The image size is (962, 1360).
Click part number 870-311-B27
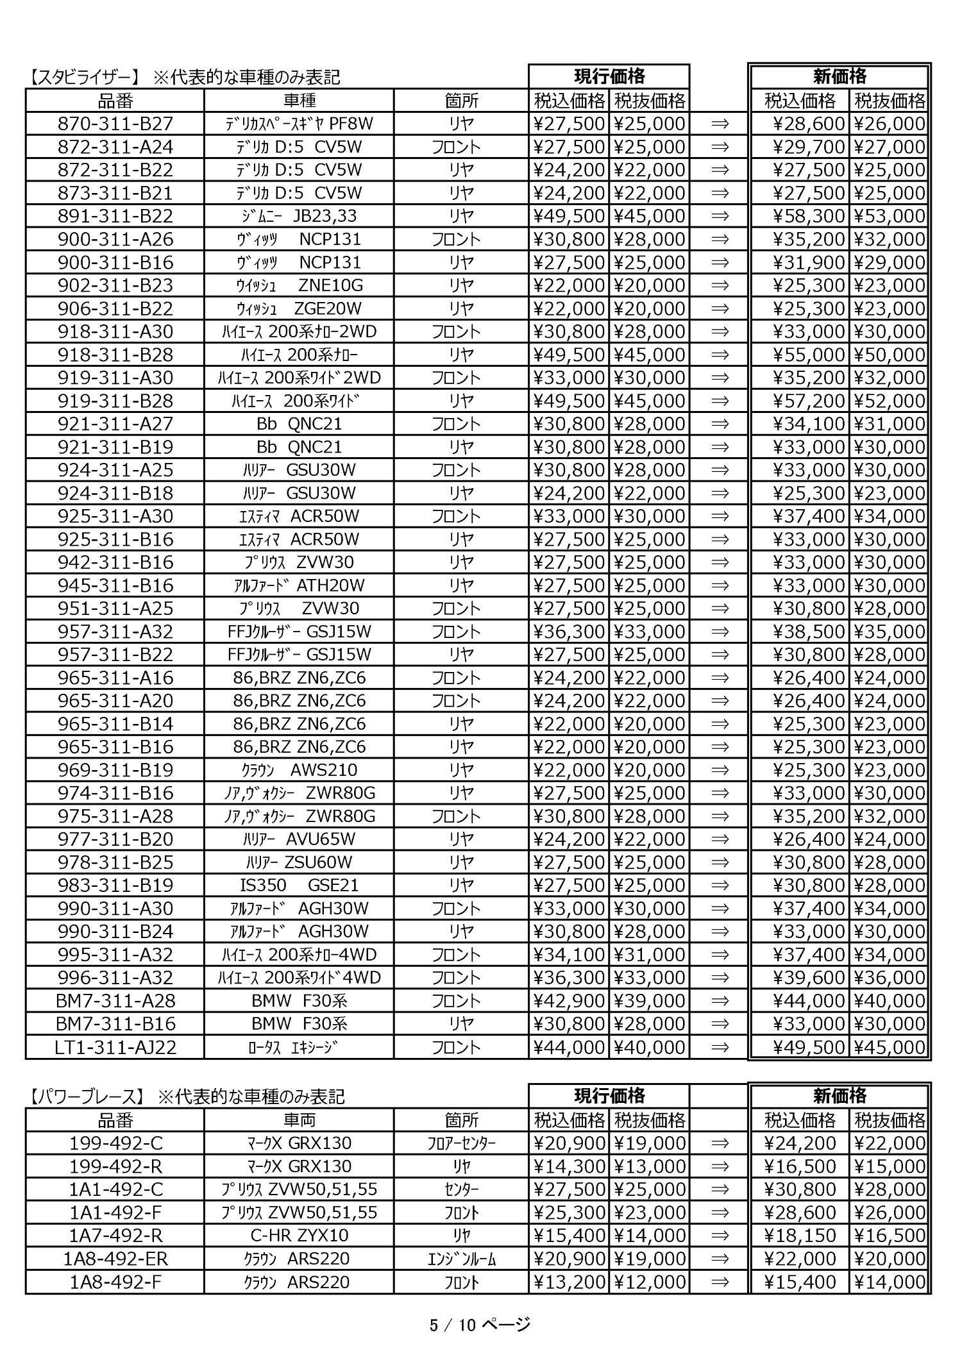[x=115, y=124]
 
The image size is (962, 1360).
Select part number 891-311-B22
[x=115, y=216]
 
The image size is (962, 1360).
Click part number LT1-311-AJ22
[x=115, y=1047]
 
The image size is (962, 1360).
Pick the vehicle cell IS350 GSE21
[x=299, y=886]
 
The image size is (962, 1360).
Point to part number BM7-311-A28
[x=115, y=1001]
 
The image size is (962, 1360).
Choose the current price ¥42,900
[x=569, y=1001]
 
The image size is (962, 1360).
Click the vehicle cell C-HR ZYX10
[x=299, y=1236]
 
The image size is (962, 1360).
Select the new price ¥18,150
[x=801, y=1236]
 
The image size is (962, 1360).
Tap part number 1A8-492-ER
[x=115, y=1259]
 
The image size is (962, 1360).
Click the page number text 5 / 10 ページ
[x=480, y=1324]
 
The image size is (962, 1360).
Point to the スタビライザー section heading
[x=83, y=78]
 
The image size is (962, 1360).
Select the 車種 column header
[x=299, y=101]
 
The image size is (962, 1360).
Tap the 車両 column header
[x=299, y=1120]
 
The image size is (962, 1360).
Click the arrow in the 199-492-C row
[x=720, y=1143]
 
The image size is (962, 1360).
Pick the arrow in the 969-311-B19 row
[x=720, y=770]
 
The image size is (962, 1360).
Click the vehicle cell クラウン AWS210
[x=299, y=770]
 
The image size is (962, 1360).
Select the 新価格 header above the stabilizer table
[x=840, y=77]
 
